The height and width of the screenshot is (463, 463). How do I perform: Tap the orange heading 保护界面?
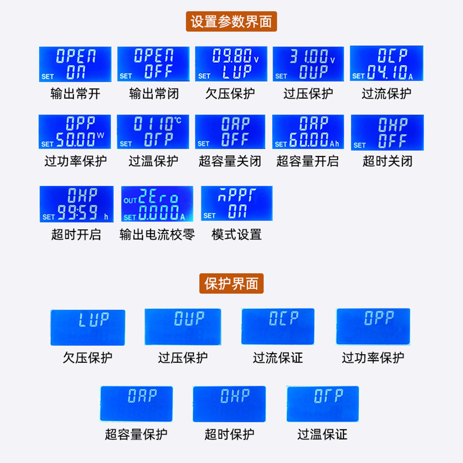point(231,283)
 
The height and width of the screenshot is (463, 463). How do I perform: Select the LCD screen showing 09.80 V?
point(230,64)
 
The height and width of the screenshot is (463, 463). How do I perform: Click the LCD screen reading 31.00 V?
point(308,64)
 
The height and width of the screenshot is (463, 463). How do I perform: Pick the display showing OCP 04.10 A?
point(387,63)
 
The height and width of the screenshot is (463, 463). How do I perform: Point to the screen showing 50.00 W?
point(75,131)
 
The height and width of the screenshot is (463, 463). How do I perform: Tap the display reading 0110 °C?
point(153,131)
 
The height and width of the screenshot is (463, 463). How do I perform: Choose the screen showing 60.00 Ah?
point(308,131)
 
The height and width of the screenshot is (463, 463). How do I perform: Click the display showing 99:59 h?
point(76,204)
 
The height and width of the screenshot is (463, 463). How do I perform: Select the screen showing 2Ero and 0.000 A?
point(157,204)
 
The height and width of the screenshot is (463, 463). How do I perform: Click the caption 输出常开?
point(75,94)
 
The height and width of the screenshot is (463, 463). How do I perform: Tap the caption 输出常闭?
point(153,94)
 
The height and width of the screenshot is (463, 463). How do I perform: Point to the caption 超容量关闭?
point(230,161)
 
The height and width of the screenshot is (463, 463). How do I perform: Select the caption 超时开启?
point(76,234)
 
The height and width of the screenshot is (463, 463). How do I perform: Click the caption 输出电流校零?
point(157,234)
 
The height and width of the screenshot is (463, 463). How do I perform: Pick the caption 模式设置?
point(237,234)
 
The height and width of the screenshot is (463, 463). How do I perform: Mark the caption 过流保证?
point(278,357)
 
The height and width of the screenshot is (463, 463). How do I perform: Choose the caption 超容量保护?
point(136,434)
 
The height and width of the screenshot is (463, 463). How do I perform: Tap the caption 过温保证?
point(322,434)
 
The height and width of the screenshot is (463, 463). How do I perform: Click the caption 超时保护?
point(229,434)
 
